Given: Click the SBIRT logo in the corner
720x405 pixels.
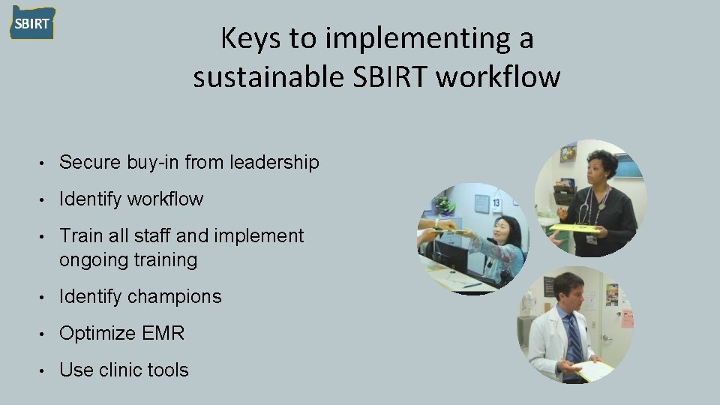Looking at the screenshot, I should [x=32, y=22].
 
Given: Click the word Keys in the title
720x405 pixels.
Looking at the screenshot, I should [x=247, y=39].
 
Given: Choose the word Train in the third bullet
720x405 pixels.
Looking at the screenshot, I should [x=81, y=235].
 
